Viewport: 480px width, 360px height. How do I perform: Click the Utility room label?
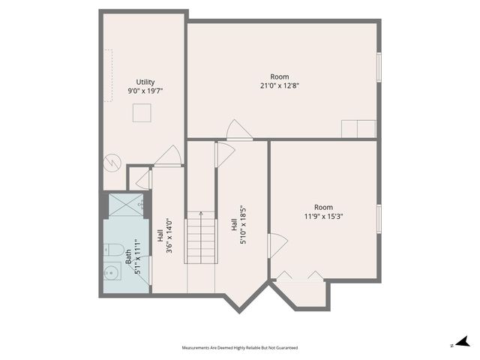pos(145,82)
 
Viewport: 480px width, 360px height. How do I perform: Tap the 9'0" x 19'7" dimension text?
pos(145,91)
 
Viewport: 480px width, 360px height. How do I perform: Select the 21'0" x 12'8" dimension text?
pos(279,85)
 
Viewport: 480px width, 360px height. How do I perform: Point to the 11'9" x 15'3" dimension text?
pos(323,217)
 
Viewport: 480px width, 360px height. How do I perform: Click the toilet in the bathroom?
pos(115,248)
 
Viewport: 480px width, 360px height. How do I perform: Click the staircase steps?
pos(200,238)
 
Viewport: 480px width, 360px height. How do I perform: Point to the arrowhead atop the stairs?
pos(200,214)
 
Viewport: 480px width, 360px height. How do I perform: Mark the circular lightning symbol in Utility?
pos(111,160)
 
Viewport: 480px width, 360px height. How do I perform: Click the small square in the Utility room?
pos(142,112)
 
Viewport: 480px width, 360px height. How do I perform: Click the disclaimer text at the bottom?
pos(240,348)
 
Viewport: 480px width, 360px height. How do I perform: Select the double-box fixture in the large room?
pos(358,129)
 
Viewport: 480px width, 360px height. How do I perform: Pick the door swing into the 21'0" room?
pos(238,130)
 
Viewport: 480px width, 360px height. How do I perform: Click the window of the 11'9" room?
pos(379,217)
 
